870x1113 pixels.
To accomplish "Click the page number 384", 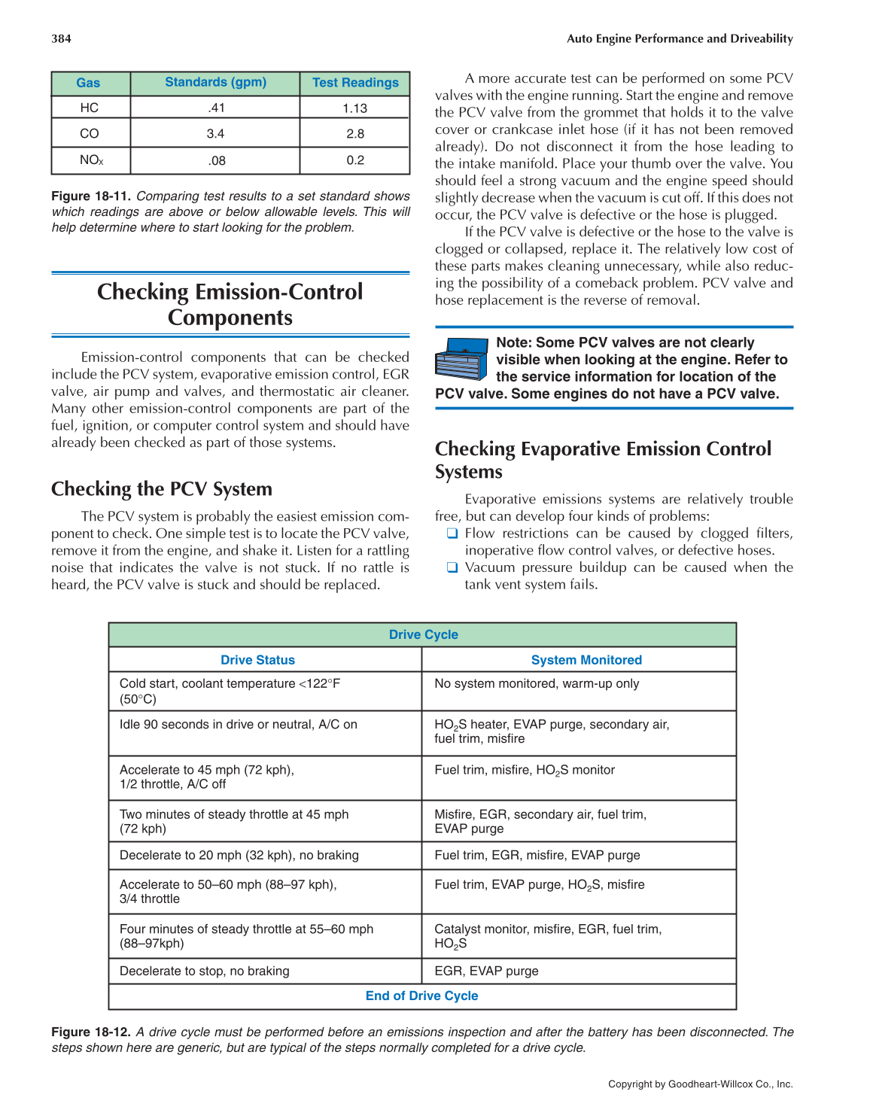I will [x=61, y=38].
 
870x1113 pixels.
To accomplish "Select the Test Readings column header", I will [x=355, y=83].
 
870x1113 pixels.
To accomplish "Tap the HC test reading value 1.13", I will [x=354, y=108].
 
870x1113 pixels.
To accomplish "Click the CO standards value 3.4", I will [x=215, y=134].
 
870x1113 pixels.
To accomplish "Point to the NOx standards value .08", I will [x=216, y=160].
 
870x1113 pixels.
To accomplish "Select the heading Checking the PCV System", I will [x=162, y=489].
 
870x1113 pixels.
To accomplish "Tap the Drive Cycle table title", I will [x=423, y=635].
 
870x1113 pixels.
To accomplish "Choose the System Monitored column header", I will [x=586, y=660].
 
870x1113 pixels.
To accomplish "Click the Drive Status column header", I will [x=257, y=660].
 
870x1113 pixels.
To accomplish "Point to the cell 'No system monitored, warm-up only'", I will [x=537, y=684].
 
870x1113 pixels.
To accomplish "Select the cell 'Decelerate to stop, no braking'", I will [x=204, y=972].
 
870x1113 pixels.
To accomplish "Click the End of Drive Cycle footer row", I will [x=421, y=996].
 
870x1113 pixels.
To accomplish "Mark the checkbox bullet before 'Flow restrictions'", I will [x=452, y=534].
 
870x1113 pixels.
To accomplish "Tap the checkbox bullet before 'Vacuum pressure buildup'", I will [x=452, y=568].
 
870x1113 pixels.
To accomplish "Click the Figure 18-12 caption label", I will [x=91, y=1032].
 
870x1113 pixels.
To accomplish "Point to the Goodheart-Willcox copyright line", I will [x=700, y=1084].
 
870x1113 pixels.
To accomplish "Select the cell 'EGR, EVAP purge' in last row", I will [x=486, y=972].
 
